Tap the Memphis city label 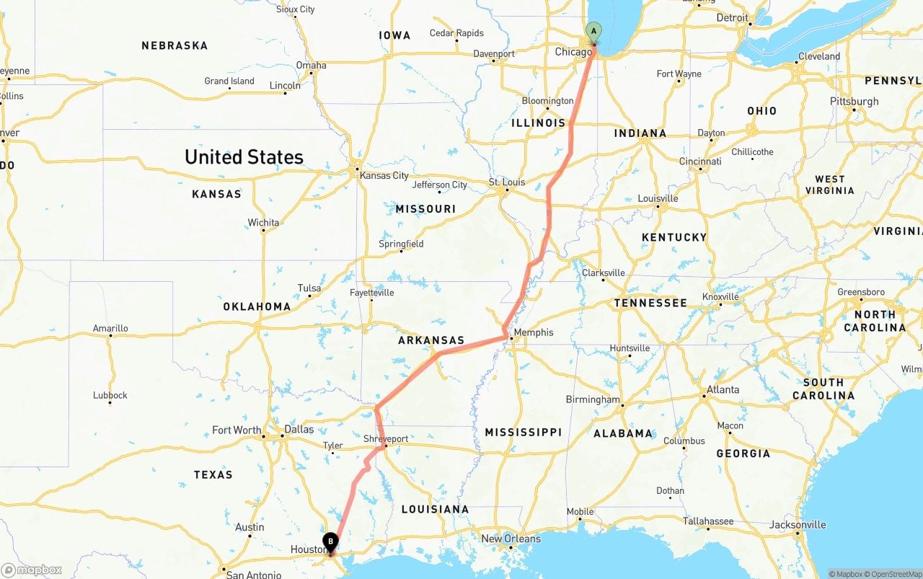click(x=534, y=332)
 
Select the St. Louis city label click(x=507, y=182)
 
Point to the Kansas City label click(x=384, y=175)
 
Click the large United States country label click(x=244, y=157)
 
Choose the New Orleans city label click(x=511, y=539)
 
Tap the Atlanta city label click(x=723, y=389)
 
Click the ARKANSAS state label click(x=431, y=340)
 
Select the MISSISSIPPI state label click(x=523, y=432)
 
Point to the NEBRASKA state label click(x=175, y=45)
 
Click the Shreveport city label click(x=386, y=438)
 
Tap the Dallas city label click(x=299, y=429)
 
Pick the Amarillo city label click(x=110, y=328)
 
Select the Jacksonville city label click(x=797, y=524)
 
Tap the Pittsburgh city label click(x=854, y=101)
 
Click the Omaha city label click(x=311, y=65)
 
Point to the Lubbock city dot click(x=110, y=402)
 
